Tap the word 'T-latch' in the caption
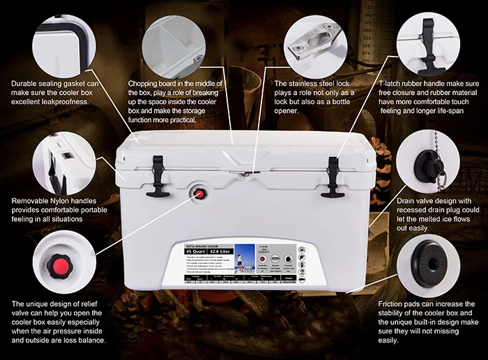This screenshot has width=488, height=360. coord(393,84)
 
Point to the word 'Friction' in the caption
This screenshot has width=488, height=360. coord(392,304)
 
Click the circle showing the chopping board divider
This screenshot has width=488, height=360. coord(176,39)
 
